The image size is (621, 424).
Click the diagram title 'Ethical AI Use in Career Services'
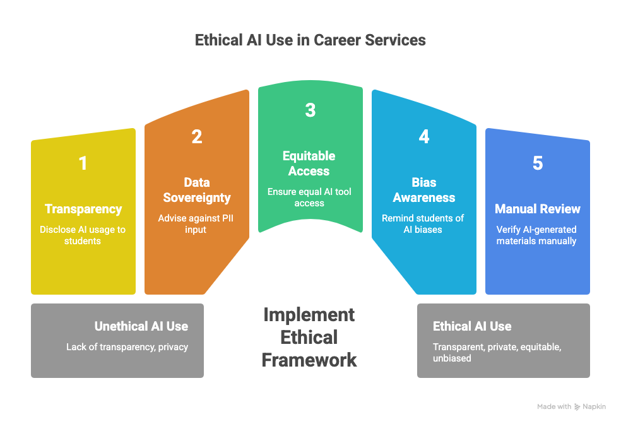(310, 40)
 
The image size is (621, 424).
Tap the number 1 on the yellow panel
(83, 163)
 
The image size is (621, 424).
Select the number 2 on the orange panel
(196, 136)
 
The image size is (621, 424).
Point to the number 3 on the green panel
(310, 110)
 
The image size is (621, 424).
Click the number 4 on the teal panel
(423, 136)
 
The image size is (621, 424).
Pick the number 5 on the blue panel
(537, 163)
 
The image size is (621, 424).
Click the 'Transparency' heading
(83, 209)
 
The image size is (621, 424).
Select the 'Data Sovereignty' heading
(196, 190)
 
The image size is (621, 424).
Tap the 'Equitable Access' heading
(309, 163)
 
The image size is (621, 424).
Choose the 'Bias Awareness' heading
(423, 190)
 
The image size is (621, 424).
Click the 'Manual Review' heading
(537, 209)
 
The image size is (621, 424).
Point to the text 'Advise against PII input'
(196, 224)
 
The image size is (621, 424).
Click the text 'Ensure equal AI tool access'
(309, 197)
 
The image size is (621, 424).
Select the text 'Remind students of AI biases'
(423, 224)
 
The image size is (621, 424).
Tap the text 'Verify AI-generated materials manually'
(537, 235)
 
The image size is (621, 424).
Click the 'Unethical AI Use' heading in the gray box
(141, 326)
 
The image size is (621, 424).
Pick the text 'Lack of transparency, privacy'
(127, 347)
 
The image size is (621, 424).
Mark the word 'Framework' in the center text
(309, 360)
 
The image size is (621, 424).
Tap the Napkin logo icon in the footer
(578, 407)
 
